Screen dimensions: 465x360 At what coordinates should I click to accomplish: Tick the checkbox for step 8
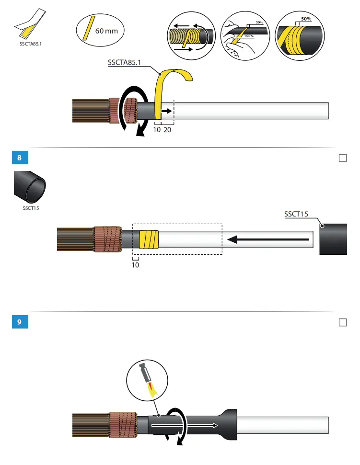click(x=343, y=159)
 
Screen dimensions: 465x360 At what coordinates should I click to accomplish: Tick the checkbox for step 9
click(x=343, y=323)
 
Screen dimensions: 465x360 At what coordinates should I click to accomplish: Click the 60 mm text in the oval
click(x=106, y=31)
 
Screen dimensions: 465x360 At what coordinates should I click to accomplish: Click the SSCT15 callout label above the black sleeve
click(x=296, y=214)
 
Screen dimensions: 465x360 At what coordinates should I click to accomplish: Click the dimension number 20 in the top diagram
click(x=167, y=130)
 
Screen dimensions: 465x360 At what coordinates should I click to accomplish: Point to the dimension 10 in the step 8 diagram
click(x=135, y=264)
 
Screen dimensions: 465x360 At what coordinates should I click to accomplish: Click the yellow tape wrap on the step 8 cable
click(x=148, y=238)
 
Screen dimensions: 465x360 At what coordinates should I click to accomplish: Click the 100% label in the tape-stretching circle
click(x=249, y=36)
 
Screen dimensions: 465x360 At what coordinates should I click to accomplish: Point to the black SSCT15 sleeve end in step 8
click(x=334, y=238)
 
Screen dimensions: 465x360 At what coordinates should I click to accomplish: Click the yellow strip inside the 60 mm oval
click(x=88, y=28)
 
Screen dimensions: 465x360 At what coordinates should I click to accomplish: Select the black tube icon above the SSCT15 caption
click(x=29, y=187)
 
